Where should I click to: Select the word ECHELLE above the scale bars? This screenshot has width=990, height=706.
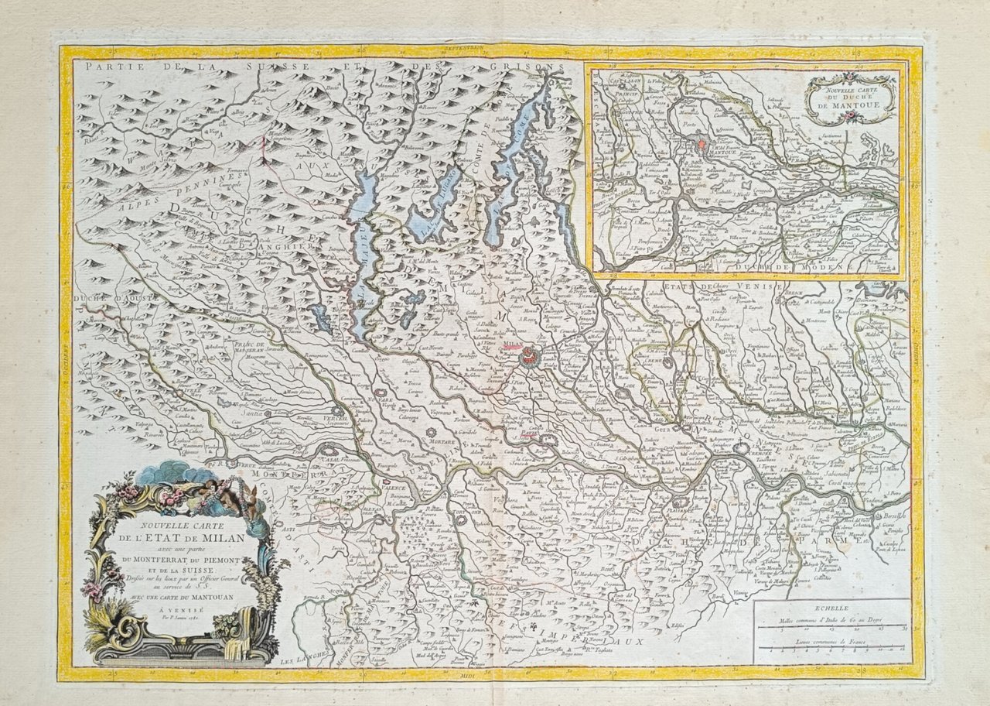tap(831, 609)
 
